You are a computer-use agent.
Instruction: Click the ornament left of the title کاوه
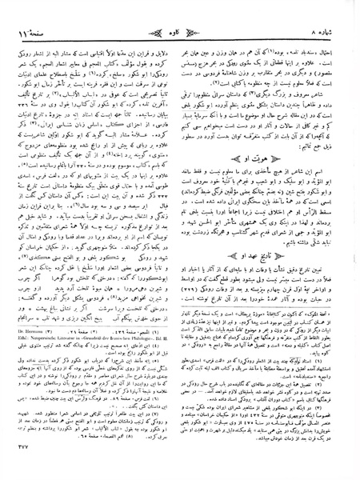pos(159,11)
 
